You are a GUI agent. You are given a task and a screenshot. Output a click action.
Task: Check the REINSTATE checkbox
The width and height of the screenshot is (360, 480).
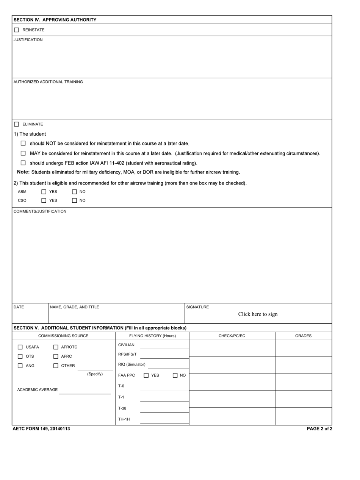16,30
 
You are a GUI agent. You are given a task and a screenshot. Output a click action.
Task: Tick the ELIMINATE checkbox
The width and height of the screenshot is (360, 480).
16,124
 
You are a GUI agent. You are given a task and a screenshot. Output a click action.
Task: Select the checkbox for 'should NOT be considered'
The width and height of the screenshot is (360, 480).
23,143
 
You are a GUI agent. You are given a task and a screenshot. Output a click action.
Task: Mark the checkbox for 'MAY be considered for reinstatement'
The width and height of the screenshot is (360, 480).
23,153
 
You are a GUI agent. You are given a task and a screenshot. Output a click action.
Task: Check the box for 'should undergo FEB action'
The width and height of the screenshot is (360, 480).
23,163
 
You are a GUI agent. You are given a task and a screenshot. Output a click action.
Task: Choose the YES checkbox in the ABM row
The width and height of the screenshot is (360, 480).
44,192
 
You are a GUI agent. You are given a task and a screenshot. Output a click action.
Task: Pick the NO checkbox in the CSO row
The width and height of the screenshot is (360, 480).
74,200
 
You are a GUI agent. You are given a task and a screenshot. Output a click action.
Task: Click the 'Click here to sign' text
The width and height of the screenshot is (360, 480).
258,314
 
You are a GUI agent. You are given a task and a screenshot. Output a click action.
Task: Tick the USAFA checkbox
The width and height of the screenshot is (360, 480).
20,347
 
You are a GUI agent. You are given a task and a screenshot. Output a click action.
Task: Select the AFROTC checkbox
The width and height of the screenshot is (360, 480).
56,347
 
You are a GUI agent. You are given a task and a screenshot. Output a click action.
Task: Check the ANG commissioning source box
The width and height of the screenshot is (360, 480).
20,366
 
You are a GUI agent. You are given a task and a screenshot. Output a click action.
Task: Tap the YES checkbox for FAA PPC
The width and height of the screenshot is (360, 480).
146,375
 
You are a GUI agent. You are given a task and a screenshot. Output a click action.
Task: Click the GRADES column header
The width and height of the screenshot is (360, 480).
303,336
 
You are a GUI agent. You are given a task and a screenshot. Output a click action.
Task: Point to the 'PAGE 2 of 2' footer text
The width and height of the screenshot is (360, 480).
319,429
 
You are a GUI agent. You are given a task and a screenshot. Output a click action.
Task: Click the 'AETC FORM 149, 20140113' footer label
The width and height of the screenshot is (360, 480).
41,429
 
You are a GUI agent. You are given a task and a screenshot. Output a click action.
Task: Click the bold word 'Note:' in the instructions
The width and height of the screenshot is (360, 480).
23,172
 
